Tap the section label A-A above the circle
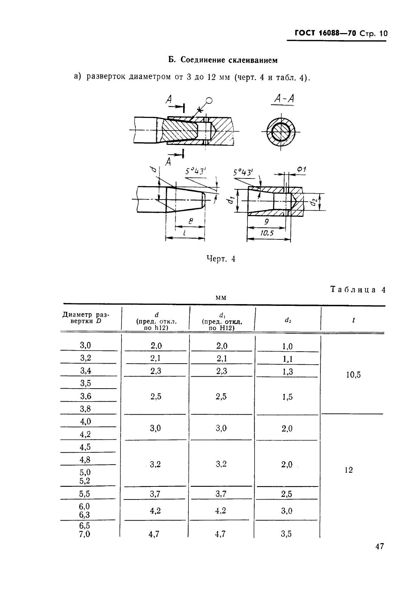click(284, 99)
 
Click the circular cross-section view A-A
click(281, 132)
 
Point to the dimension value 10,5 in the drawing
click(268, 233)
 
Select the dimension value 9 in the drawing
click(267, 221)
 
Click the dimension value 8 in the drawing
click(191, 221)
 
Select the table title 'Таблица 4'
click(358, 290)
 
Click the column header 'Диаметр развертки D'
click(86, 317)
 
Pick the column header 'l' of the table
click(353, 320)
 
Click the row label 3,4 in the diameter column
click(86, 370)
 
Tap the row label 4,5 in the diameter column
click(85, 447)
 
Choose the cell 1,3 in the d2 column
click(287, 372)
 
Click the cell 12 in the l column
click(349, 470)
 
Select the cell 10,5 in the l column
click(354, 375)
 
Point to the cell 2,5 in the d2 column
click(287, 494)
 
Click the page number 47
click(380, 557)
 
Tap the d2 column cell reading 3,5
click(286, 534)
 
